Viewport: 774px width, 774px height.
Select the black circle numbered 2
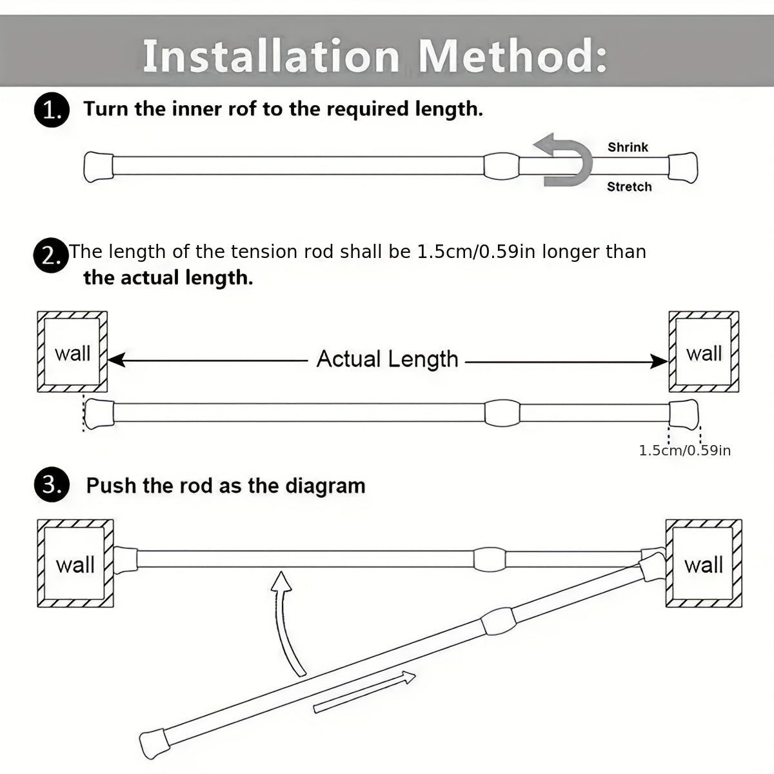[50, 255]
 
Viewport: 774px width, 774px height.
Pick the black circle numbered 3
[50, 486]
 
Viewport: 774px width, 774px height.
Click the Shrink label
[628, 147]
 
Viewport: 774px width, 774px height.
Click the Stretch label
[629, 187]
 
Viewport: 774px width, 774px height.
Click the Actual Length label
[387, 359]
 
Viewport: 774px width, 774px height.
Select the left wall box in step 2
[72, 352]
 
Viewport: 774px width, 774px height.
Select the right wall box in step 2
[704, 352]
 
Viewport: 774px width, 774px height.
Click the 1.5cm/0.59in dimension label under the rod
[684, 450]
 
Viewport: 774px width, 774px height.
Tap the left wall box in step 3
[75, 564]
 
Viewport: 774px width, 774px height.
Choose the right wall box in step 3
[703, 564]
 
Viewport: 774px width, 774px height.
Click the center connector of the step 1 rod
[501, 166]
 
